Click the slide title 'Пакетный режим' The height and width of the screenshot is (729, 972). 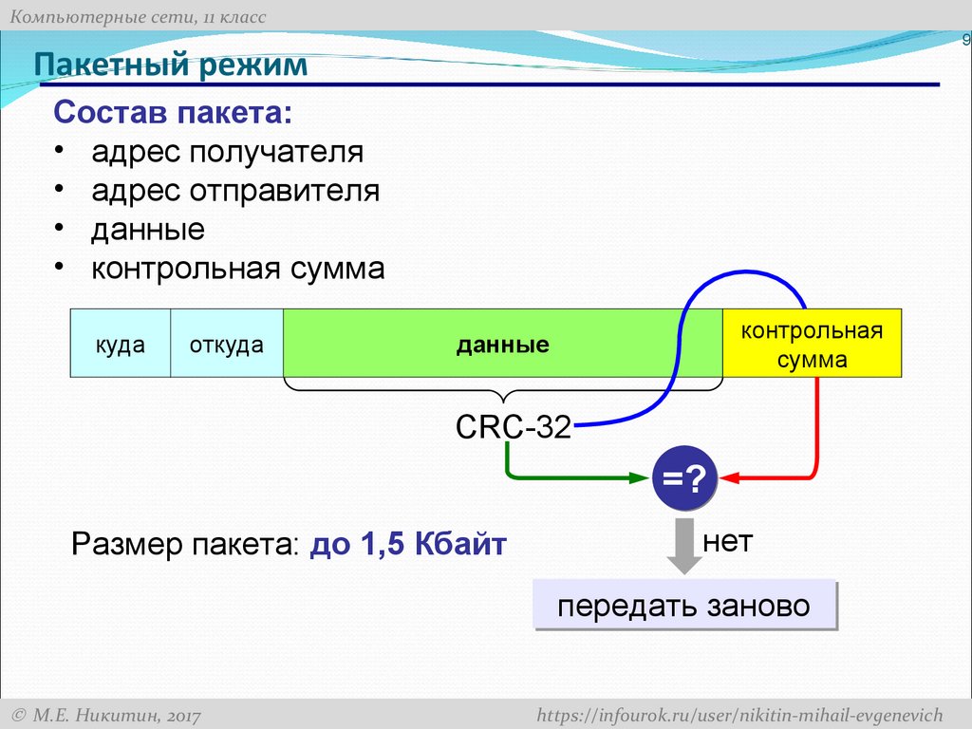click(172, 65)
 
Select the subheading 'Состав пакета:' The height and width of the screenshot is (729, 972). click(174, 113)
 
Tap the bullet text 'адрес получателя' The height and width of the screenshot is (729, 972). click(227, 152)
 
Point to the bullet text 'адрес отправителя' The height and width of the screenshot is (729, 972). click(235, 191)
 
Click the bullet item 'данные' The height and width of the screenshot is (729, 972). click(148, 230)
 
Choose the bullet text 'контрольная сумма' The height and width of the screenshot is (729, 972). click(238, 269)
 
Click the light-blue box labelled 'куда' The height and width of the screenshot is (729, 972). click(121, 344)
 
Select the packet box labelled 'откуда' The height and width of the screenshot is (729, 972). click(226, 344)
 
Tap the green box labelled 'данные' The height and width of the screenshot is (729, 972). click(502, 344)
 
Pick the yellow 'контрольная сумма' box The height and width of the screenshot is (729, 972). click(812, 344)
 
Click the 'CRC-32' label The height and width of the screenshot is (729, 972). click(513, 428)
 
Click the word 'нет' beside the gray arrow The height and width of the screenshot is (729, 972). click(727, 542)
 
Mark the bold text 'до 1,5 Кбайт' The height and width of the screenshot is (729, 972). click(408, 546)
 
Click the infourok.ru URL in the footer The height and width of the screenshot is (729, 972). click(739, 714)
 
